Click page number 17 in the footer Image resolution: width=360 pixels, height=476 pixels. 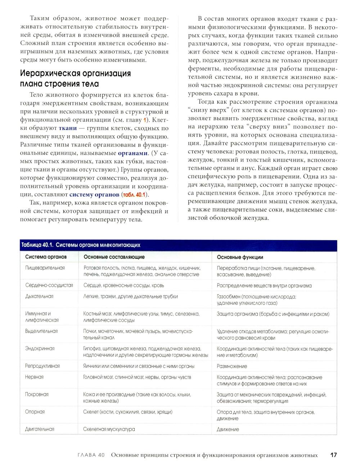(333, 455)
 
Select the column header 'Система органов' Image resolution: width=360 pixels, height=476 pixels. (46, 257)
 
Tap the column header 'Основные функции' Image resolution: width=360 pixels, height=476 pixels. (240, 257)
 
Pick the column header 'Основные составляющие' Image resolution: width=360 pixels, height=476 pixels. (114, 257)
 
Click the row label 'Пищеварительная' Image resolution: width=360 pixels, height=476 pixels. (45, 268)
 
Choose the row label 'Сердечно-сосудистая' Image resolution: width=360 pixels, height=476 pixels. (49, 285)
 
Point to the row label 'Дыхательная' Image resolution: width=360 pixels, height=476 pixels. (39, 296)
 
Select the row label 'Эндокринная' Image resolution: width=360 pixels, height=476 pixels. (40, 348)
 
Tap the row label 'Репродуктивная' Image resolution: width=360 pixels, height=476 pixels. (42, 366)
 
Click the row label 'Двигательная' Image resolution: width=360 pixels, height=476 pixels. (40, 429)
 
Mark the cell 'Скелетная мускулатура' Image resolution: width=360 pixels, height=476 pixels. (109, 429)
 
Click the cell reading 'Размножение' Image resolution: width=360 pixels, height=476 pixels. (232, 366)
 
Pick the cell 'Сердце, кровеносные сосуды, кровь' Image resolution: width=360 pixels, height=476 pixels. (123, 285)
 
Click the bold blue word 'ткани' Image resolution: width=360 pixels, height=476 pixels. (68, 128)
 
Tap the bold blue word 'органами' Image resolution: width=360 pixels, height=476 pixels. (133, 153)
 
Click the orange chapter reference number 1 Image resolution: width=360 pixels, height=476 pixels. (145, 120)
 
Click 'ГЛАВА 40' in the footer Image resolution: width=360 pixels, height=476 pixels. (91, 455)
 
